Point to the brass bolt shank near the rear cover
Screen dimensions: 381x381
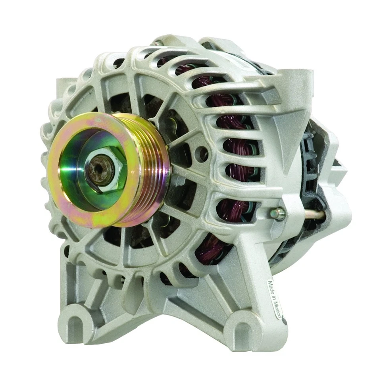tap(314, 216)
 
